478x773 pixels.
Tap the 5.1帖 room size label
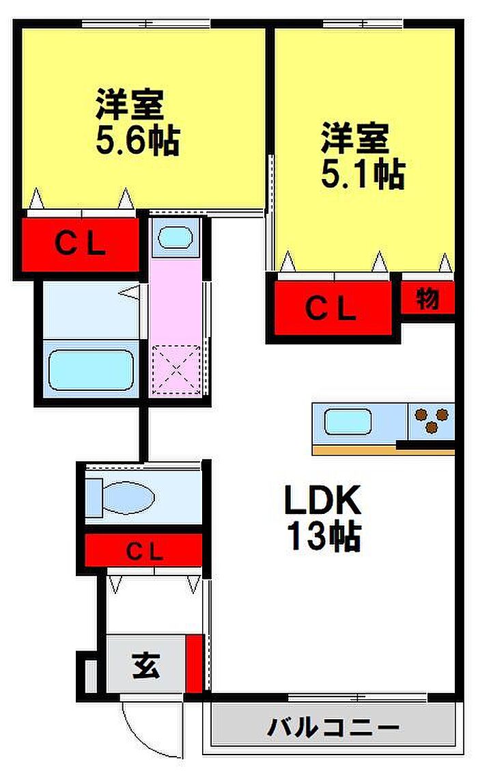(363, 174)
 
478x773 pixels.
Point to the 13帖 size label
(323, 537)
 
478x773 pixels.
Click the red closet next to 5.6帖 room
(80, 245)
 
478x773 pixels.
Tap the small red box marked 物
(427, 299)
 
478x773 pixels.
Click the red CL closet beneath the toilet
(143, 550)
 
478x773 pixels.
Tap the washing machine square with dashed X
(176, 370)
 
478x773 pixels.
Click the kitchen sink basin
(348, 422)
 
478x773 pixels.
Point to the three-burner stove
(432, 420)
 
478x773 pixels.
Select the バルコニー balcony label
(333, 727)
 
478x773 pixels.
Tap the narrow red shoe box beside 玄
(195, 664)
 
